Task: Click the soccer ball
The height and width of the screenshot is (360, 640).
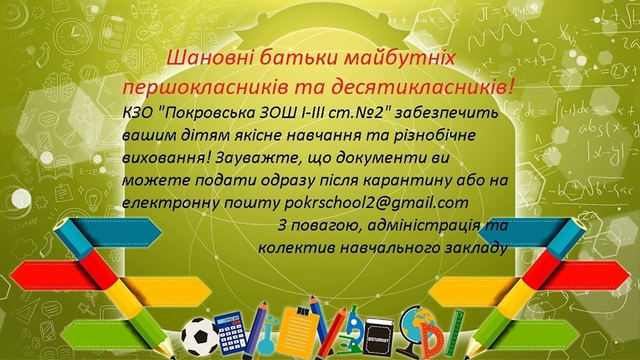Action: tap(200, 337)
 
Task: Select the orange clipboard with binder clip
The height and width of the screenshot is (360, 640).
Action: tap(299, 331)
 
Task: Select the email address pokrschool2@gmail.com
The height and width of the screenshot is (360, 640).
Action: tap(376, 203)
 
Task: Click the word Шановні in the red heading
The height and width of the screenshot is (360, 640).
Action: tap(207, 59)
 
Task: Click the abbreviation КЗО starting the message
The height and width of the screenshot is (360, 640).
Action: tap(137, 112)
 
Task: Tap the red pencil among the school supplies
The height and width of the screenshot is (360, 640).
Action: tap(335, 331)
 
